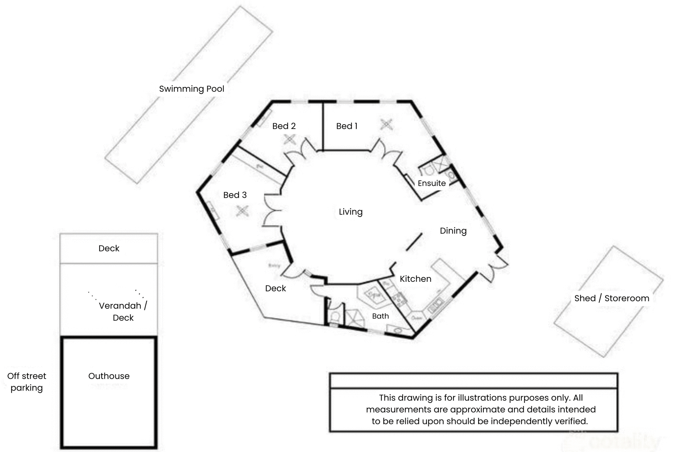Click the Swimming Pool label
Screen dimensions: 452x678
[191, 89]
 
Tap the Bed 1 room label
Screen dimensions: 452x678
[346, 126]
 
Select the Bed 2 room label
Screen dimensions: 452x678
[284, 126]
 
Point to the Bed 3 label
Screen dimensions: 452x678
[235, 195]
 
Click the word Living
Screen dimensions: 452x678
[350, 212]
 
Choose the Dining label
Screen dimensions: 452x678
[453, 231]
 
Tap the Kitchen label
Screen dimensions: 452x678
[415, 279]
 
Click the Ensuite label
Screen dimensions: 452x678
[432, 183]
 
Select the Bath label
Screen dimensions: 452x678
[380, 316]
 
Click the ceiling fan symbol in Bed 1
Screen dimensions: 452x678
[386, 124]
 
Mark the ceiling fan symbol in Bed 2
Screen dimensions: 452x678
[290, 139]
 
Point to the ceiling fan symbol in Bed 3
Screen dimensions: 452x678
[242, 211]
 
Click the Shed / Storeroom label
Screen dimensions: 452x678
[612, 298]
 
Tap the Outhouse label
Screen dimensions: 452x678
[109, 376]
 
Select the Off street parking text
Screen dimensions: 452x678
[26, 382]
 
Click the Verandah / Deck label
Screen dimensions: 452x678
[123, 311]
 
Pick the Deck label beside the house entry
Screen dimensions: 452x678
[275, 289]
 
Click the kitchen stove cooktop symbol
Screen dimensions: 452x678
[399, 299]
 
